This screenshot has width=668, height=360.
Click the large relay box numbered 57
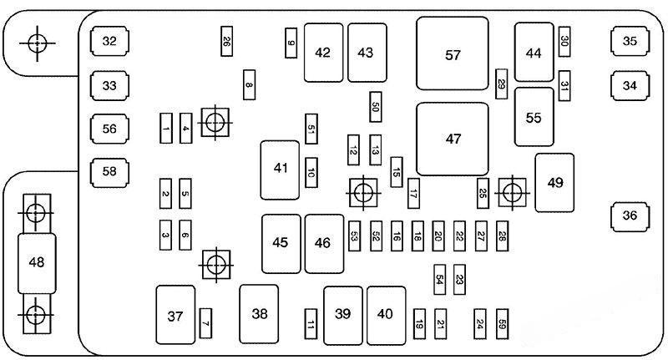point(453,53)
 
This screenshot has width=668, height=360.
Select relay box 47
point(453,138)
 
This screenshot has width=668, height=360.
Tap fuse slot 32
point(109,40)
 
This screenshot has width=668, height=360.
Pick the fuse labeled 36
point(630,215)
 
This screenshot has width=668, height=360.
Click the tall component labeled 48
point(37,262)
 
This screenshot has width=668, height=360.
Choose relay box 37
point(175,315)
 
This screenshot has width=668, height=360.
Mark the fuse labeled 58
point(109,172)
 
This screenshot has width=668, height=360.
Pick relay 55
point(534,117)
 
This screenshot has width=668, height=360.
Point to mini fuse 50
point(376,106)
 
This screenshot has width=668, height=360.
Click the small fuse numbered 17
point(413,195)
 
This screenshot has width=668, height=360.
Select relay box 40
point(386,314)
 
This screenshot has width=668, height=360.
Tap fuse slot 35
point(630,40)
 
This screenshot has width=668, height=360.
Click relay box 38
point(260,314)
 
